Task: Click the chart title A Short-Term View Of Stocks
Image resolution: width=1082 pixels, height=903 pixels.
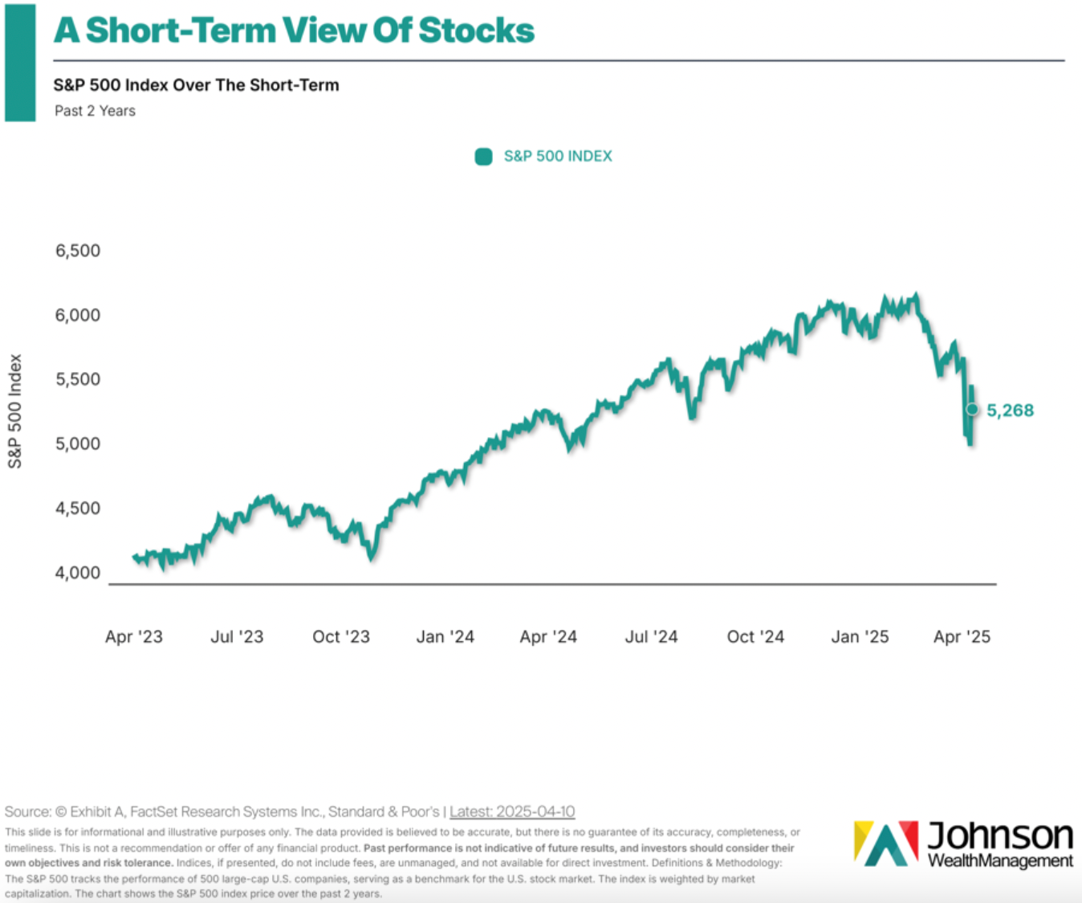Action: (294, 31)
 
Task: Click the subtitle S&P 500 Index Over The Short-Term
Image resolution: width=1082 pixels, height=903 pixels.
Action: (196, 85)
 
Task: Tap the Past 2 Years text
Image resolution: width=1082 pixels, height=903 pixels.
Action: (95, 111)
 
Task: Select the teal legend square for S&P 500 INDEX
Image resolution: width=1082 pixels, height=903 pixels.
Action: (483, 157)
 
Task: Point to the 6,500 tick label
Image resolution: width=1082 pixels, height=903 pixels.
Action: (78, 251)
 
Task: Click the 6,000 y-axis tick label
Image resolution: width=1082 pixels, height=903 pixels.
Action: (78, 315)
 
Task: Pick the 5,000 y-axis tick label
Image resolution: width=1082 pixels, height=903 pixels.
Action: (78, 443)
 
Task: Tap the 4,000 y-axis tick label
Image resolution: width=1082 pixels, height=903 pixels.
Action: (78, 573)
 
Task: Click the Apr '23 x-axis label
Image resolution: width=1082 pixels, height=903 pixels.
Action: (134, 637)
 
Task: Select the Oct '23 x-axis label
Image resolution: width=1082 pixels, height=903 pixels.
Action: (341, 637)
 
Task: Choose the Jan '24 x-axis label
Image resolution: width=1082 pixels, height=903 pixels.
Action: (445, 637)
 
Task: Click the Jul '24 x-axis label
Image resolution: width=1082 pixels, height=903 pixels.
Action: (652, 637)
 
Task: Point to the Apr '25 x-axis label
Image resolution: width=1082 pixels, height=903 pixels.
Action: (962, 637)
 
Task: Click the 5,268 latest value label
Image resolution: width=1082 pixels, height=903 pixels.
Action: (1010, 411)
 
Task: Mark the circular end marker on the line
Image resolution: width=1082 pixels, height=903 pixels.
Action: (972, 410)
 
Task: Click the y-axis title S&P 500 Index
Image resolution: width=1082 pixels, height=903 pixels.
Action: (15, 411)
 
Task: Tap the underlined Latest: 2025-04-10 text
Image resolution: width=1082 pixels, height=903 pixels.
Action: (512, 811)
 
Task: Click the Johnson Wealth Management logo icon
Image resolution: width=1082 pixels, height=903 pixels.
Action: (886, 843)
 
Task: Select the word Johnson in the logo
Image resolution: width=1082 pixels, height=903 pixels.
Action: (1000, 836)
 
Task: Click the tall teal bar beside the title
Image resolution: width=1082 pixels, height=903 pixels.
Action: (20, 63)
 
